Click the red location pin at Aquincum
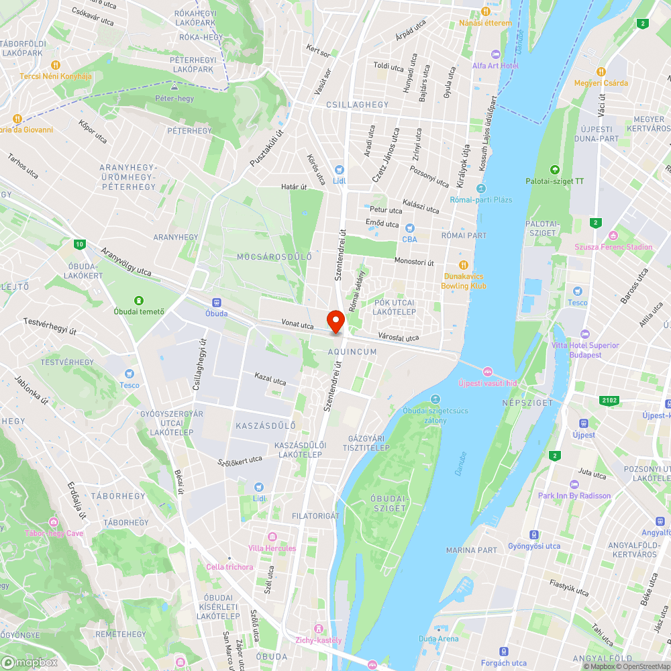pyautogui.click(x=335, y=320)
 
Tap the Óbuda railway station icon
pyautogui.click(x=216, y=303)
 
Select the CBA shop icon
pyautogui.click(x=409, y=228)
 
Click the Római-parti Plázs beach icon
pyautogui.click(x=481, y=189)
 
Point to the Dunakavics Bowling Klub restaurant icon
pyautogui.click(x=463, y=264)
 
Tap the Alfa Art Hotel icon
pyautogui.click(x=495, y=54)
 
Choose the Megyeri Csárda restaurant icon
pyautogui.click(x=601, y=71)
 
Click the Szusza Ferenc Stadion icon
pyautogui.click(x=613, y=236)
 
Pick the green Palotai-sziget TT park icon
pyautogui.click(x=554, y=170)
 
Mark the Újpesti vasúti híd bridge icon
pyautogui.click(x=488, y=372)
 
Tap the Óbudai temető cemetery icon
pyautogui.click(x=139, y=300)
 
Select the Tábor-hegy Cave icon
pyautogui.click(x=53, y=522)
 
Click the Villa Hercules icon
pyautogui.click(x=272, y=537)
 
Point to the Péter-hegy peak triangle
pyautogui.click(x=174, y=87)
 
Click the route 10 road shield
pyautogui.click(x=80, y=244)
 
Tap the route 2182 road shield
pyautogui.click(x=609, y=400)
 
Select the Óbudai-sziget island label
pyautogui.click(x=388, y=503)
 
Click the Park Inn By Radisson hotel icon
pyautogui.click(x=574, y=484)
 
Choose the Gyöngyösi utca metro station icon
pyautogui.click(x=533, y=535)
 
